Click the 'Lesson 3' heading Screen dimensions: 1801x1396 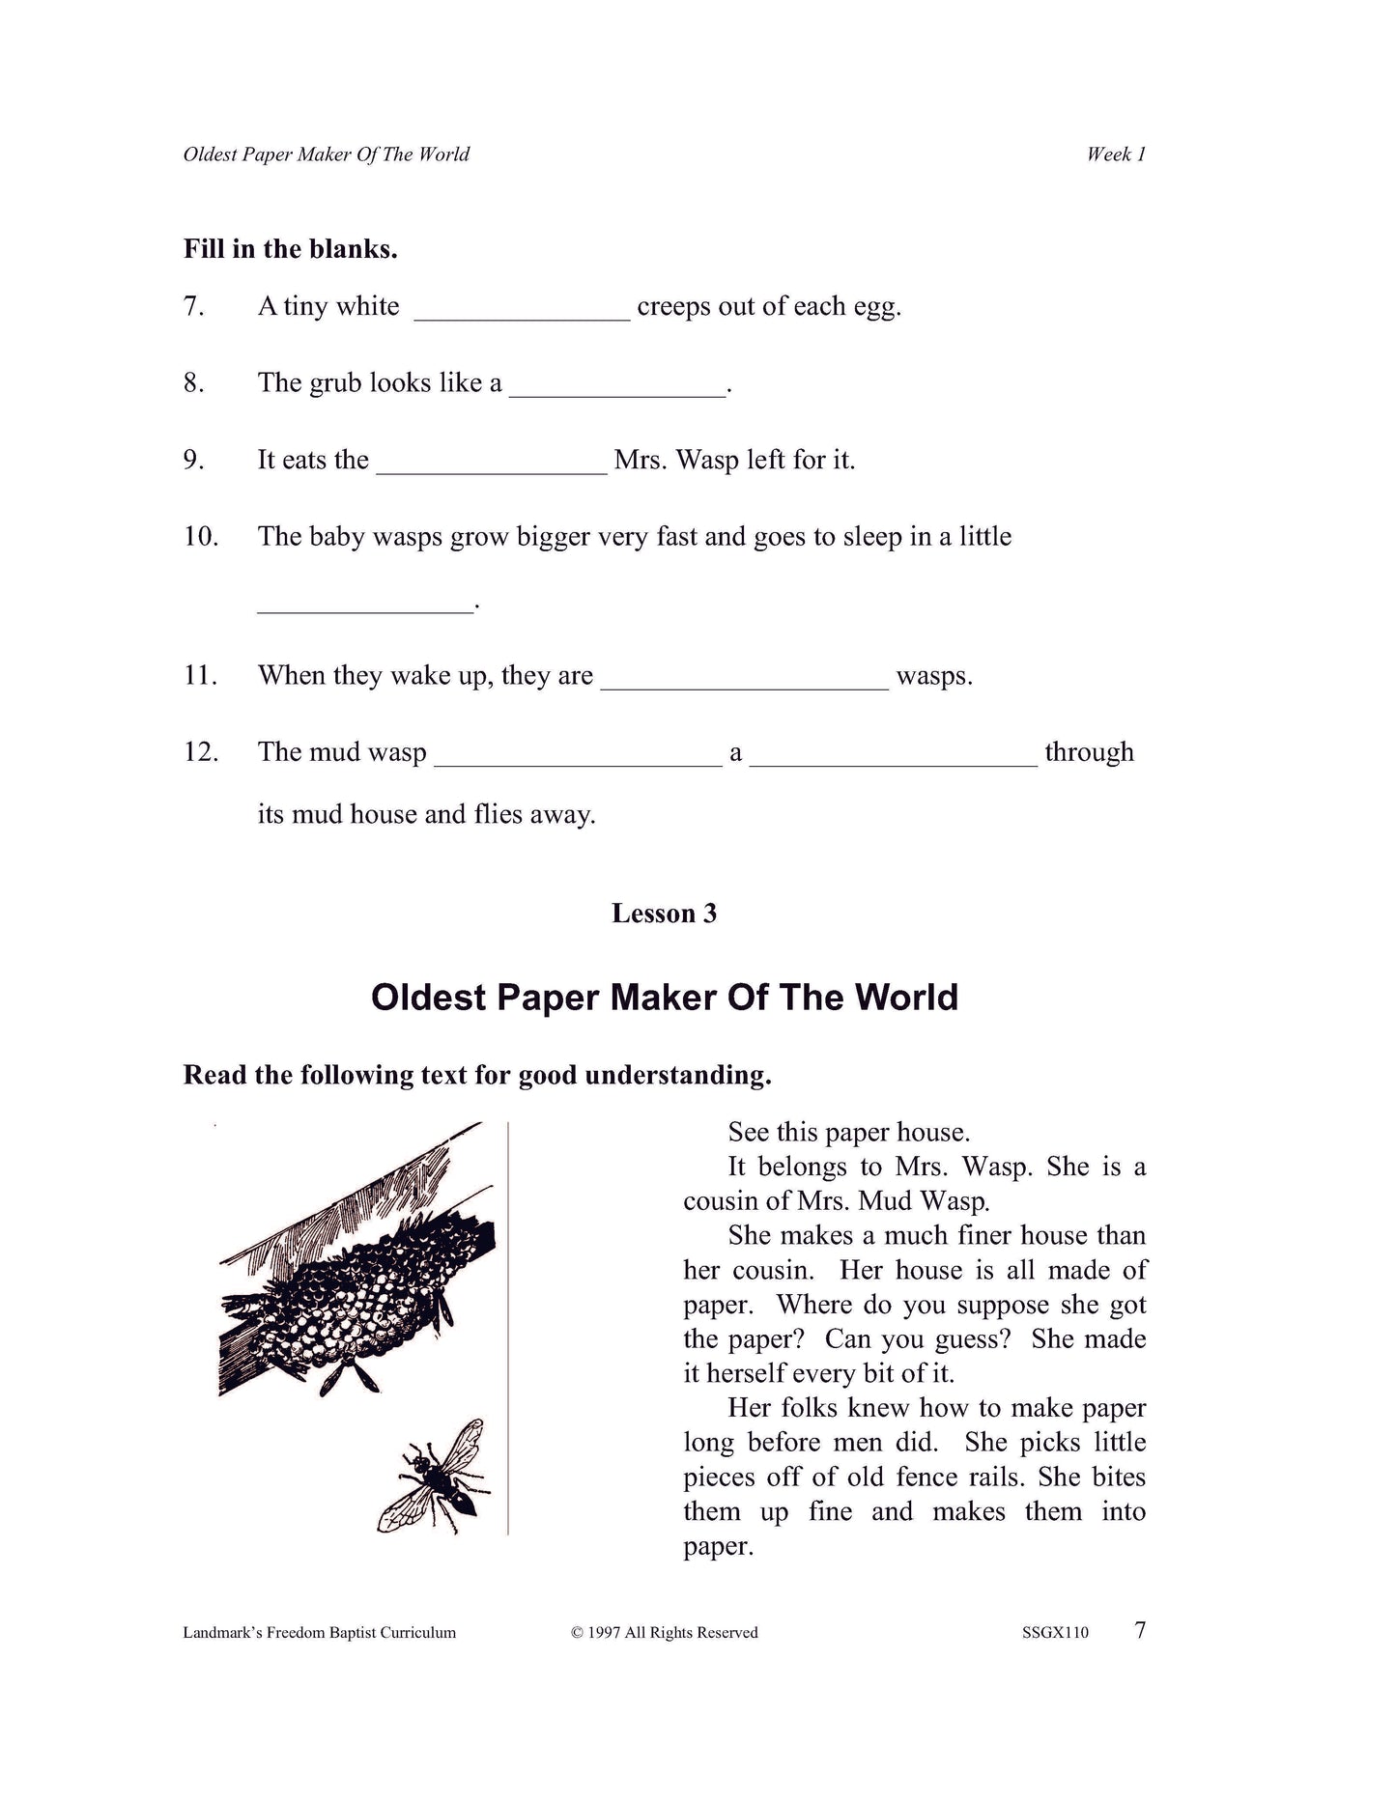[664, 914]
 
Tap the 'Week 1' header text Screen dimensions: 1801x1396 [1116, 155]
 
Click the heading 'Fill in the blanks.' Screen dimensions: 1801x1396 [290, 249]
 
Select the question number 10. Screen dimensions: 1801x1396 [201, 537]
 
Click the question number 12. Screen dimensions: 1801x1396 [201, 752]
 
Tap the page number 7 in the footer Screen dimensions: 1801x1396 [1140, 1630]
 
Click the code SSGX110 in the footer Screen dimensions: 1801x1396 [1055, 1633]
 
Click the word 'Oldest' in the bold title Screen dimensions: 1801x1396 [428, 998]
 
